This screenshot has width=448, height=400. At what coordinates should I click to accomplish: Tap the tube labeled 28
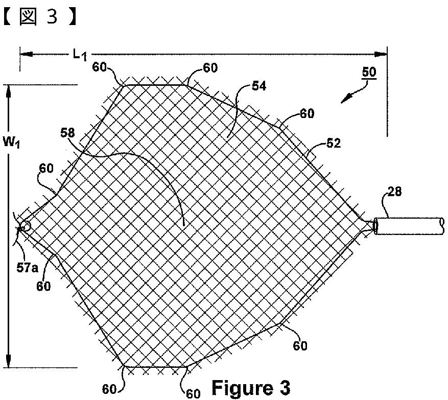(x=409, y=226)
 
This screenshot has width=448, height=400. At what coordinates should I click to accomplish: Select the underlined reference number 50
(x=369, y=72)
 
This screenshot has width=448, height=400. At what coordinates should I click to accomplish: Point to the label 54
(x=259, y=86)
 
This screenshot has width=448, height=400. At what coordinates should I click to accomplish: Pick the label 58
(x=67, y=133)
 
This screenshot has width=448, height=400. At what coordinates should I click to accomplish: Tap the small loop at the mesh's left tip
(x=24, y=225)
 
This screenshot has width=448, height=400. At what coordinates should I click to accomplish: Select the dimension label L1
(x=78, y=54)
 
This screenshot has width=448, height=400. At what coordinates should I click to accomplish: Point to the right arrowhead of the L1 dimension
(x=381, y=53)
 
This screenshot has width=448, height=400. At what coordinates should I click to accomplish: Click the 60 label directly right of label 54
(x=307, y=113)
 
